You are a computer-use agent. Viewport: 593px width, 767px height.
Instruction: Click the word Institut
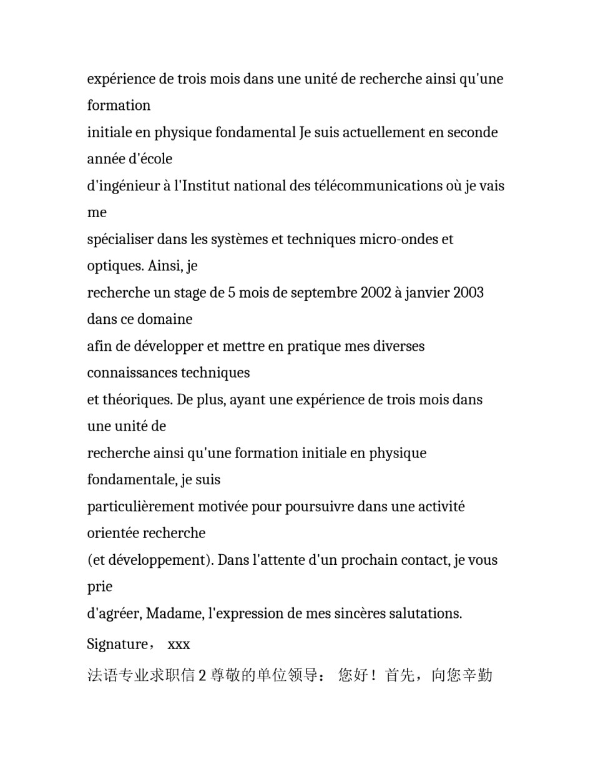coord(206,186)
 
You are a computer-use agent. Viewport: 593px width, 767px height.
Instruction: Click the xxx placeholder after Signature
coord(179,644)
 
